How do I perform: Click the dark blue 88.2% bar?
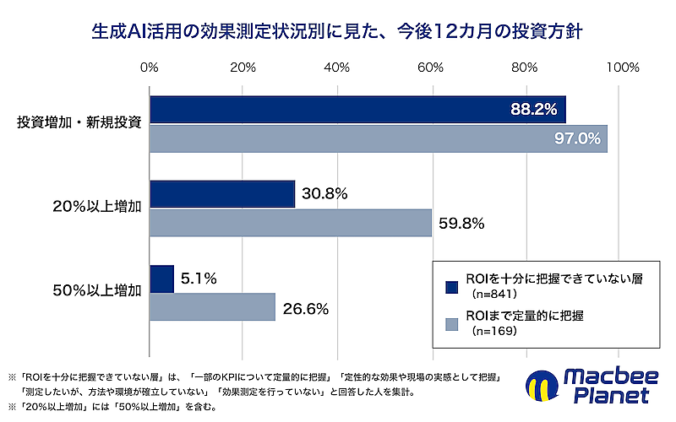[x=357, y=110]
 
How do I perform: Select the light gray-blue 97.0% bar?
[x=379, y=138]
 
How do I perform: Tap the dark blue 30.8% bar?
[x=222, y=194]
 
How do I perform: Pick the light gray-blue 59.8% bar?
[x=291, y=223]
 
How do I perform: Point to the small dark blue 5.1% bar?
[x=162, y=279]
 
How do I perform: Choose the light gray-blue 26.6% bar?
[x=213, y=307]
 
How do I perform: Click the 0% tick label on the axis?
[x=150, y=68]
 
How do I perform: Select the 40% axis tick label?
[x=336, y=68]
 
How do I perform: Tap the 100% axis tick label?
[x=623, y=68]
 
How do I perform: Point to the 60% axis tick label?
[x=431, y=68]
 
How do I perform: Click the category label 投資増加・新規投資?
[x=79, y=122]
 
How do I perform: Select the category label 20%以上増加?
[x=97, y=207]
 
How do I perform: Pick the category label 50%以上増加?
[x=97, y=290]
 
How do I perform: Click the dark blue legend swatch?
[x=452, y=287]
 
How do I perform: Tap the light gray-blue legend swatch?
[x=452, y=324]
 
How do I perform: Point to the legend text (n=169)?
[x=494, y=331]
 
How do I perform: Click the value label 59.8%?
[x=461, y=224]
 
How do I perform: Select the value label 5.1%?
[x=199, y=279]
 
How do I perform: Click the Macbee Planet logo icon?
[x=542, y=386]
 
